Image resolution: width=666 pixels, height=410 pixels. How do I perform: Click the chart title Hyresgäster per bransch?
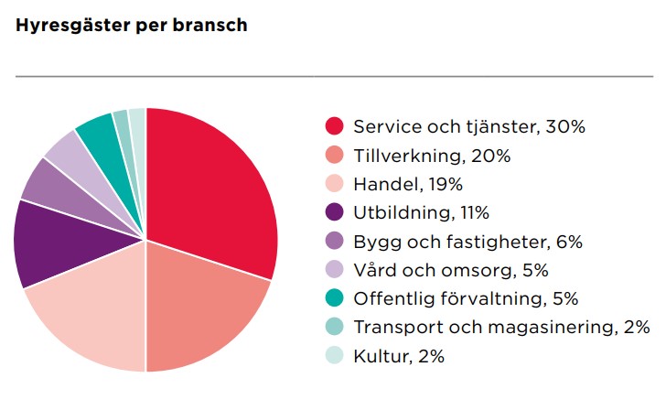(x=131, y=26)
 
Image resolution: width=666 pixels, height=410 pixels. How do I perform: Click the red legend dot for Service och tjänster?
(x=334, y=126)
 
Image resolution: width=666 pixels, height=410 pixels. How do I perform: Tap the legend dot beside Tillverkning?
(x=334, y=155)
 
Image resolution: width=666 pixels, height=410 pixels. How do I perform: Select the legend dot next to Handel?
(x=334, y=184)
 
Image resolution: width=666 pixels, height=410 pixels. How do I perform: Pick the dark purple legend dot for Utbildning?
(x=334, y=212)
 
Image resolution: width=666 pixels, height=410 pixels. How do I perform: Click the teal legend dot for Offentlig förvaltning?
(x=334, y=297)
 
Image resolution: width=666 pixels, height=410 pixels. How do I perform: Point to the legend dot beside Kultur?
(x=334, y=355)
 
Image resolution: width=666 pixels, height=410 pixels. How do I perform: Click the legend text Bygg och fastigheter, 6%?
(x=467, y=243)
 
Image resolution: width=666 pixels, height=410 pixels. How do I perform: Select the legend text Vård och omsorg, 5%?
(x=451, y=270)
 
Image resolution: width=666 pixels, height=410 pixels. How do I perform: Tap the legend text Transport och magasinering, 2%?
(x=501, y=327)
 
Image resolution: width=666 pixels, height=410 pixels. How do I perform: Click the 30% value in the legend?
(x=565, y=126)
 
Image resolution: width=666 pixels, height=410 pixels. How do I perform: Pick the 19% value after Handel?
(x=446, y=184)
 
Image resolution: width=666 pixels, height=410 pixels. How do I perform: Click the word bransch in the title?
(x=209, y=25)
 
